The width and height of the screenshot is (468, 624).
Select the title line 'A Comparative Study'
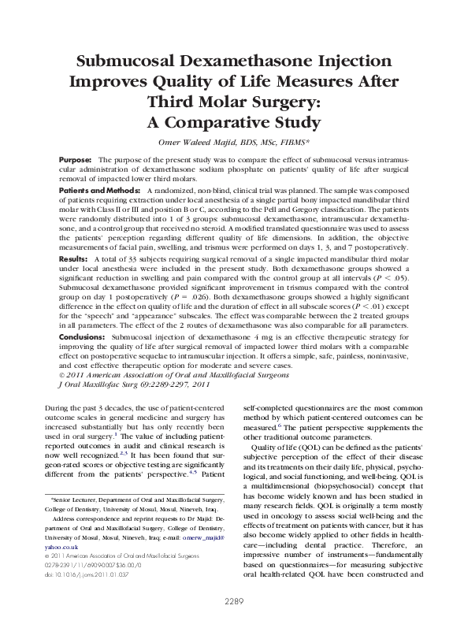pyautogui.click(x=235, y=123)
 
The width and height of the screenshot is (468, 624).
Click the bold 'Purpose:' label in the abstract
pyautogui.click(x=76, y=160)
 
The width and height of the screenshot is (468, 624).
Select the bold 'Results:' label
pyautogui.click(x=73, y=258)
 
